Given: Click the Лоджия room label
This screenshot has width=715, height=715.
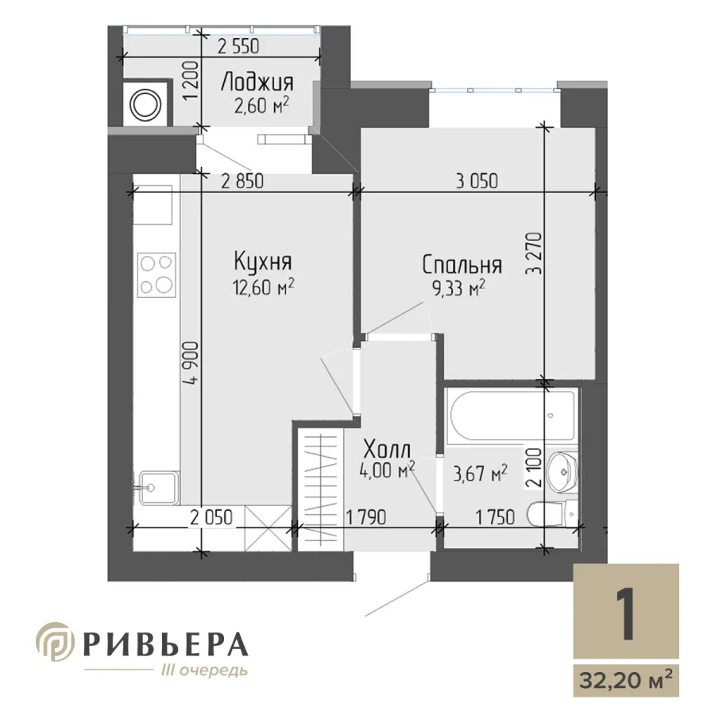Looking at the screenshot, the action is [257, 83].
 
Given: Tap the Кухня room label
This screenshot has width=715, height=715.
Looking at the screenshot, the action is [263, 261].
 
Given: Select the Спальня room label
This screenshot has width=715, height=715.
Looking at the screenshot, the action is [462, 265].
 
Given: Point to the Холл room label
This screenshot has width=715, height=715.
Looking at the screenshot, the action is [387, 450].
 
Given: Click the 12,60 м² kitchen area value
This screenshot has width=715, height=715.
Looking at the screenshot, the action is [264, 288].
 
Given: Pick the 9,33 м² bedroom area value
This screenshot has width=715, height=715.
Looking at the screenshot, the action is [458, 288].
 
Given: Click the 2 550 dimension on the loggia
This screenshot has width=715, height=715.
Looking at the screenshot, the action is [238, 47].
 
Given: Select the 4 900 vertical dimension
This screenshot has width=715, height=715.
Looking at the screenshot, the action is [192, 364].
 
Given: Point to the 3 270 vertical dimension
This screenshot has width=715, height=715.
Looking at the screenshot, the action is [535, 253].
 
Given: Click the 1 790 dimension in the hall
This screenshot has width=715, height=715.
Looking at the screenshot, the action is [366, 517].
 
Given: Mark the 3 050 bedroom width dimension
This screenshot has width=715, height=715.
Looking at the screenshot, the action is [477, 181].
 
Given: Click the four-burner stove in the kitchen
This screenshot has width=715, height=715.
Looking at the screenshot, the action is [157, 275].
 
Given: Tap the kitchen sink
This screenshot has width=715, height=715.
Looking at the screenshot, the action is [158, 488].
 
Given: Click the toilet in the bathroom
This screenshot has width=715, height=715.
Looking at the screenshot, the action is [553, 514].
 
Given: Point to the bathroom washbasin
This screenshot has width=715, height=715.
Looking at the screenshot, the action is [562, 472].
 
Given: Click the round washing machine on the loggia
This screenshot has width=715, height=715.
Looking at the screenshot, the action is [146, 105].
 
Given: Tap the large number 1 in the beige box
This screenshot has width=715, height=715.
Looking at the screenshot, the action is [625, 613].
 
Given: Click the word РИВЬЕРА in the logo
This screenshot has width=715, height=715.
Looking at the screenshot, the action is [167, 644].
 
